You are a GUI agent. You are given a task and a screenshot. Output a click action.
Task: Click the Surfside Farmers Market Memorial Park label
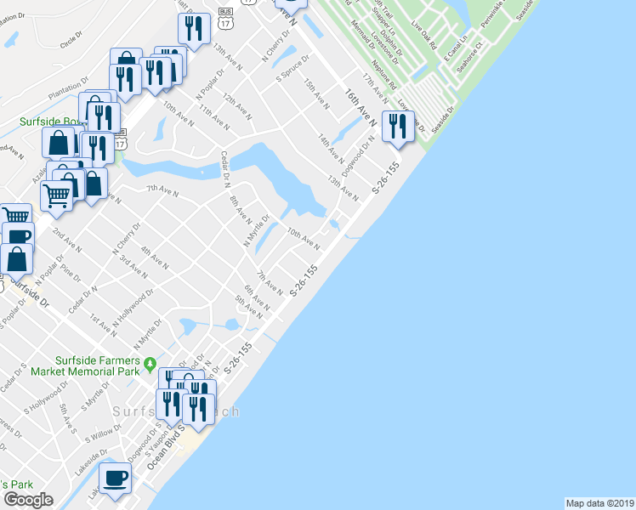tap(84, 365)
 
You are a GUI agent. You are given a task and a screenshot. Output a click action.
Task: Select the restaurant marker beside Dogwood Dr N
tap(397, 127)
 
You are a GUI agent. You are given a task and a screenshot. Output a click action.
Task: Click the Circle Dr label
tap(75, 41)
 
